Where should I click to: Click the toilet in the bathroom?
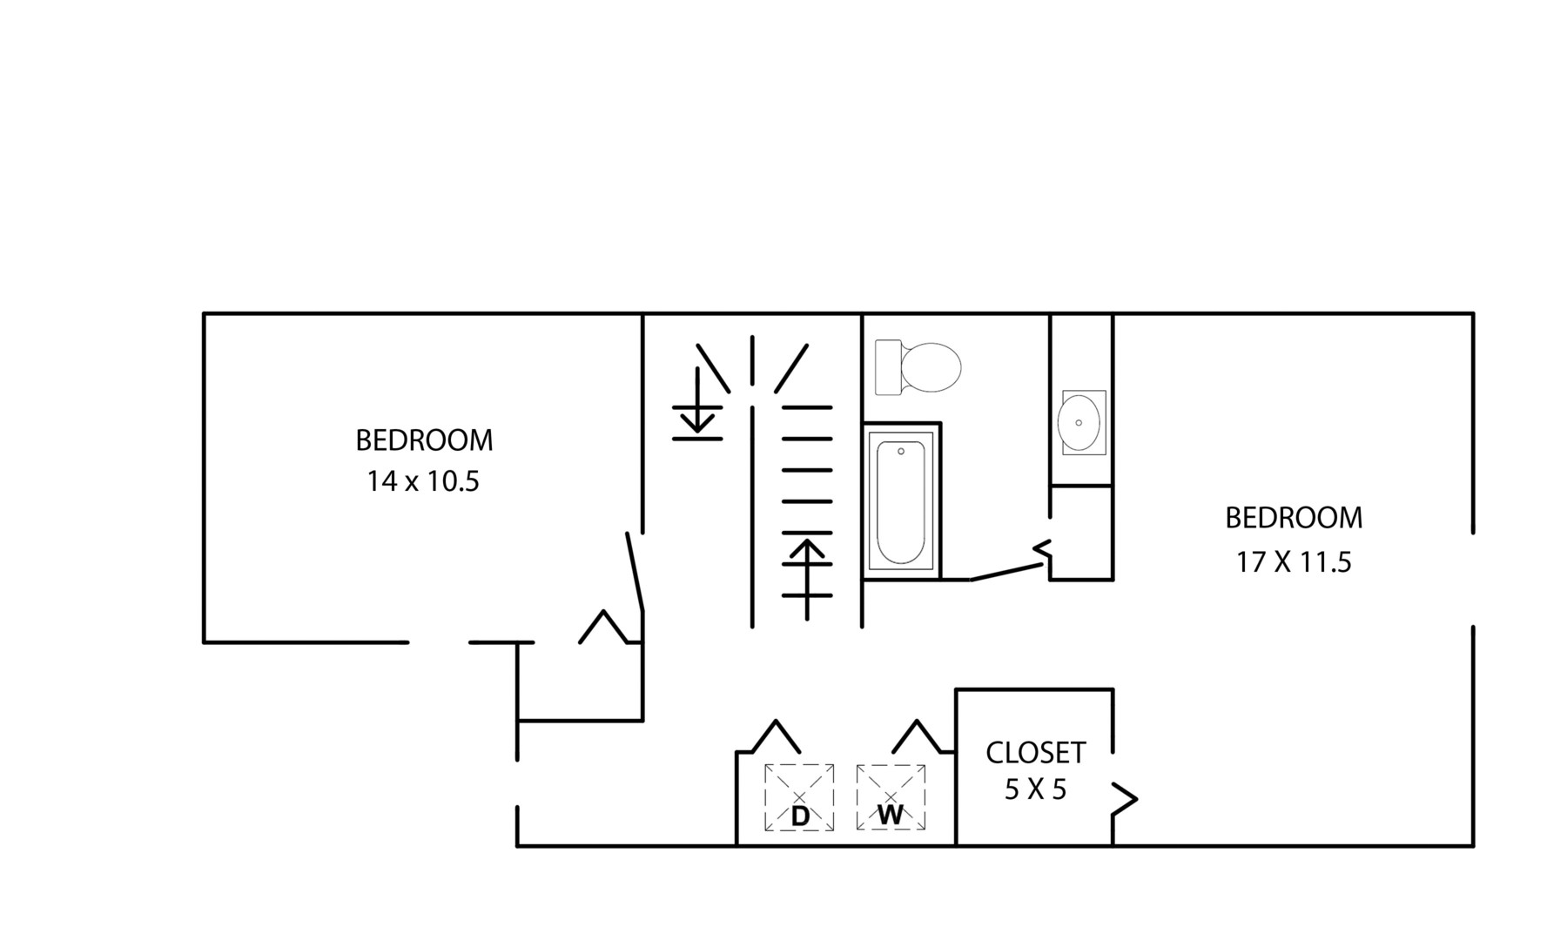[x=918, y=367]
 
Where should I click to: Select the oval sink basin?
[x=1079, y=422]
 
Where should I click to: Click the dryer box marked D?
[x=799, y=797]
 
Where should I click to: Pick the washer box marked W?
[x=891, y=796]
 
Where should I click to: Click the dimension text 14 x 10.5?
[x=423, y=481]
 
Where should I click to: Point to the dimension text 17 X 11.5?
[x=1294, y=562]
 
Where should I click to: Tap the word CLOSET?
[x=1035, y=752]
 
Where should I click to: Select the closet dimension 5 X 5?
[x=1035, y=789]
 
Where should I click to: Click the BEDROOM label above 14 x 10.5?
[x=424, y=440]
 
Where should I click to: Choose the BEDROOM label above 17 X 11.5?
[x=1294, y=518]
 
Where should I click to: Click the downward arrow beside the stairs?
[x=697, y=402]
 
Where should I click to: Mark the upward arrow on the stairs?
[x=807, y=579]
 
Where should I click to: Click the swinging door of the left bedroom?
[x=635, y=573]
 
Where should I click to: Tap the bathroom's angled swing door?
[x=1007, y=572]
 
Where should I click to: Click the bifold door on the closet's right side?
[x=1124, y=798]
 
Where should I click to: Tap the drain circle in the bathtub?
[x=901, y=452]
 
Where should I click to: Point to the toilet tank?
[x=888, y=367]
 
